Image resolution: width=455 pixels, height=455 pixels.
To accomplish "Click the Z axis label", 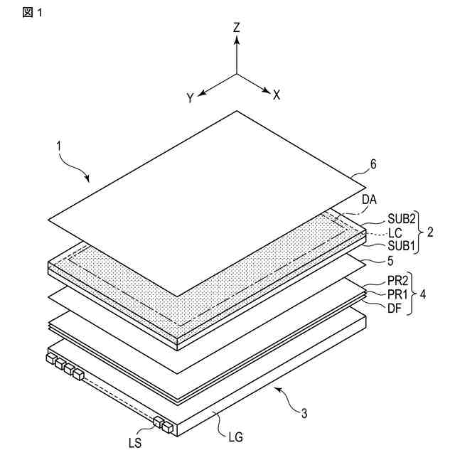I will click(x=237, y=28).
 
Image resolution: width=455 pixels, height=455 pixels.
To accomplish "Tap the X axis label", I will click(x=277, y=95).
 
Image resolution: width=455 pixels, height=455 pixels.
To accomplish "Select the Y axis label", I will click(x=191, y=99).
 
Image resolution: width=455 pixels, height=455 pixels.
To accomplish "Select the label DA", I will click(x=368, y=200).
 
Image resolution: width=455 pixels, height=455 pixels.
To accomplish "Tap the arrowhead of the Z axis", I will click(x=237, y=41).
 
